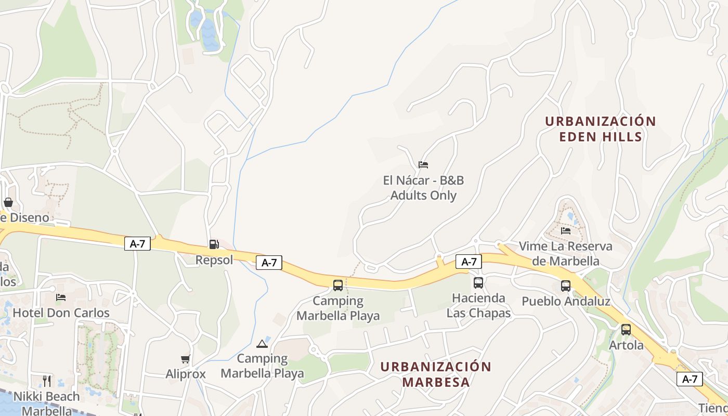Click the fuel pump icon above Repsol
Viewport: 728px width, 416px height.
coord(214,244)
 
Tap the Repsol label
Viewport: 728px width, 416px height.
coord(214,259)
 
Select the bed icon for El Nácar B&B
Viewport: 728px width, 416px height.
coord(423,165)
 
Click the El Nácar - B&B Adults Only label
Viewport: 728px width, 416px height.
coord(423,188)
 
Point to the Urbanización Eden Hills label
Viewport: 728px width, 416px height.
coord(601,129)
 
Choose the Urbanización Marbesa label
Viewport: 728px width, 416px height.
coord(436,374)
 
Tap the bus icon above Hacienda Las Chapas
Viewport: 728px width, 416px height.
coord(478,283)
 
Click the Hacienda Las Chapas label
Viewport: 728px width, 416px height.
coord(478,305)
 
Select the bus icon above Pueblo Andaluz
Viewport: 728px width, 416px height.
coord(566,286)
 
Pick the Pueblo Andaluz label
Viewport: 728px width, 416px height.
coord(566,301)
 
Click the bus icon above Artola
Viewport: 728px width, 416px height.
coord(626,330)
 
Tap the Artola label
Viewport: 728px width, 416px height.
coord(626,345)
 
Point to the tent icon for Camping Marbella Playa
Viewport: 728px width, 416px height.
coord(262,344)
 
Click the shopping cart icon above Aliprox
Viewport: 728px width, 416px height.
coord(186,359)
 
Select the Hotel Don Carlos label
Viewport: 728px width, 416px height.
coord(61,313)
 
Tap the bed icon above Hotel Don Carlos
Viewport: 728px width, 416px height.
coord(61,297)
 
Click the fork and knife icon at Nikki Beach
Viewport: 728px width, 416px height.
coord(47,381)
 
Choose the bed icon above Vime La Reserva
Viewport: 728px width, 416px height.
coord(566,230)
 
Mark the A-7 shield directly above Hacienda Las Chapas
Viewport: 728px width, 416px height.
coord(469,262)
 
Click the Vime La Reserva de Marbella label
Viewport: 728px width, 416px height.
coord(566,253)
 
